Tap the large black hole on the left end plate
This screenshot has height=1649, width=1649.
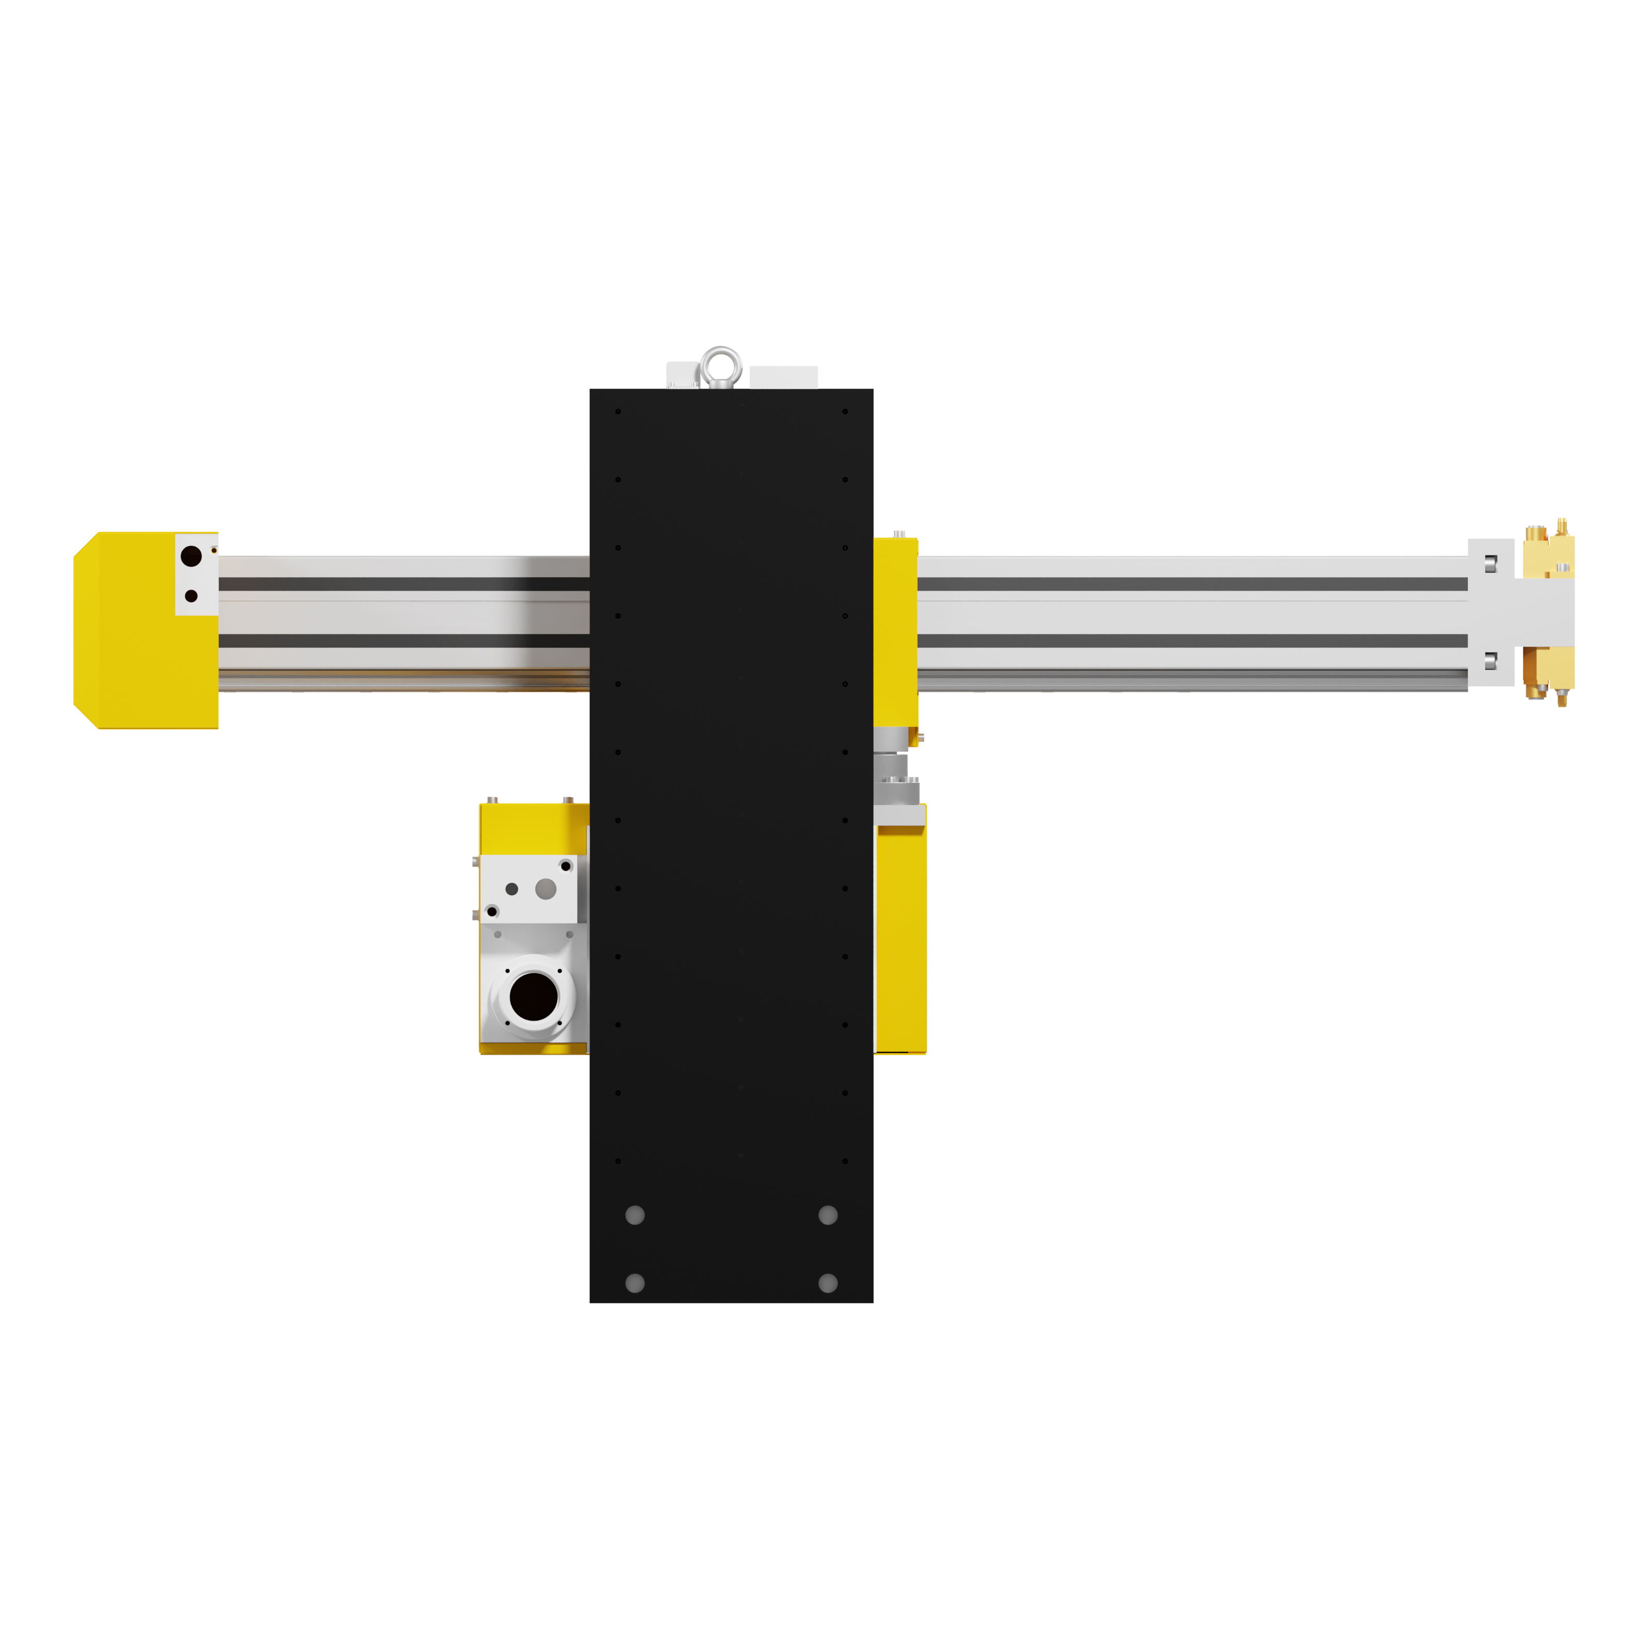[x=191, y=557]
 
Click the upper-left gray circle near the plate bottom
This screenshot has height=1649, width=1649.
[x=635, y=1215]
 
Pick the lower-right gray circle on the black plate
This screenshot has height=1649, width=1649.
[x=828, y=1283]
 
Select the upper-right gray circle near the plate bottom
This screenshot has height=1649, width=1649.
[x=828, y=1215]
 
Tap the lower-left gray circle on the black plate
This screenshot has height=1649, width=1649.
[x=635, y=1283]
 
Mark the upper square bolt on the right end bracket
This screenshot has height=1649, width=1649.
[x=1491, y=563]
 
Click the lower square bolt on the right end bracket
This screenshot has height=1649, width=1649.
[x=1491, y=661]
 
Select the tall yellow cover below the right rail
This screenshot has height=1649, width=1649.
[x=901, y=939]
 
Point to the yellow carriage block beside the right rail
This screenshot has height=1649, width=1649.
[x=895, y=631]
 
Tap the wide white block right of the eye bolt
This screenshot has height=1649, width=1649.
[x=784, y=376]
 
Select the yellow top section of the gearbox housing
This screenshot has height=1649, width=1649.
[x=533, y=828]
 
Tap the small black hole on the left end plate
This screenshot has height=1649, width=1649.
[x=191, y=596]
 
